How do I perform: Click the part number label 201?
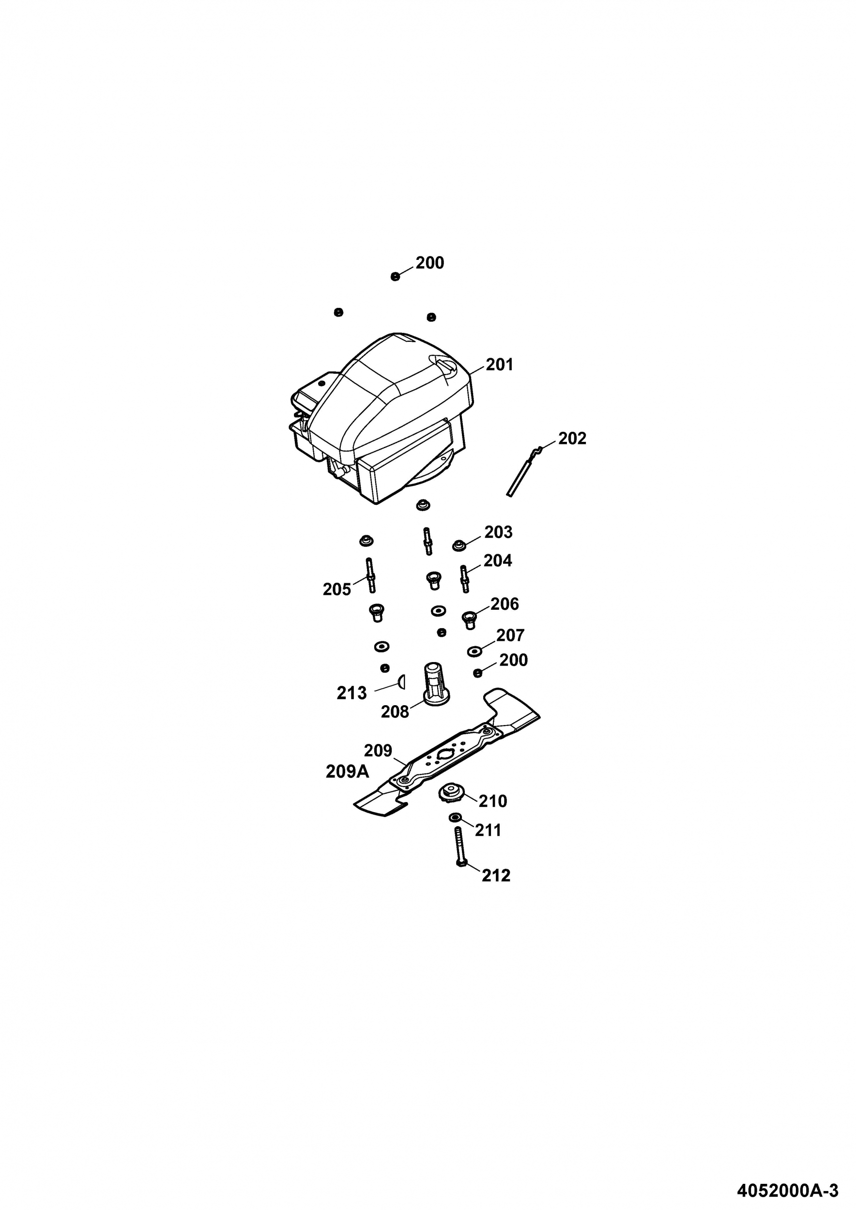click(x=499, y=364)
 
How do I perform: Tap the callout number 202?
click(x=572, y=438)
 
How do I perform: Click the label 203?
click(x=498, y=532)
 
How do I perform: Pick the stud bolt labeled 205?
click(x=370, y=575)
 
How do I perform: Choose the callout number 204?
click(x=498, y=561)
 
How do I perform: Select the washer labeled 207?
click(x=474, y=652)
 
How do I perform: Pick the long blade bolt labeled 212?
click(x=459, y=847)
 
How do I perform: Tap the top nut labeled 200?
click(x=396, y=277)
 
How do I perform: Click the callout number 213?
click(x=352, y=693)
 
